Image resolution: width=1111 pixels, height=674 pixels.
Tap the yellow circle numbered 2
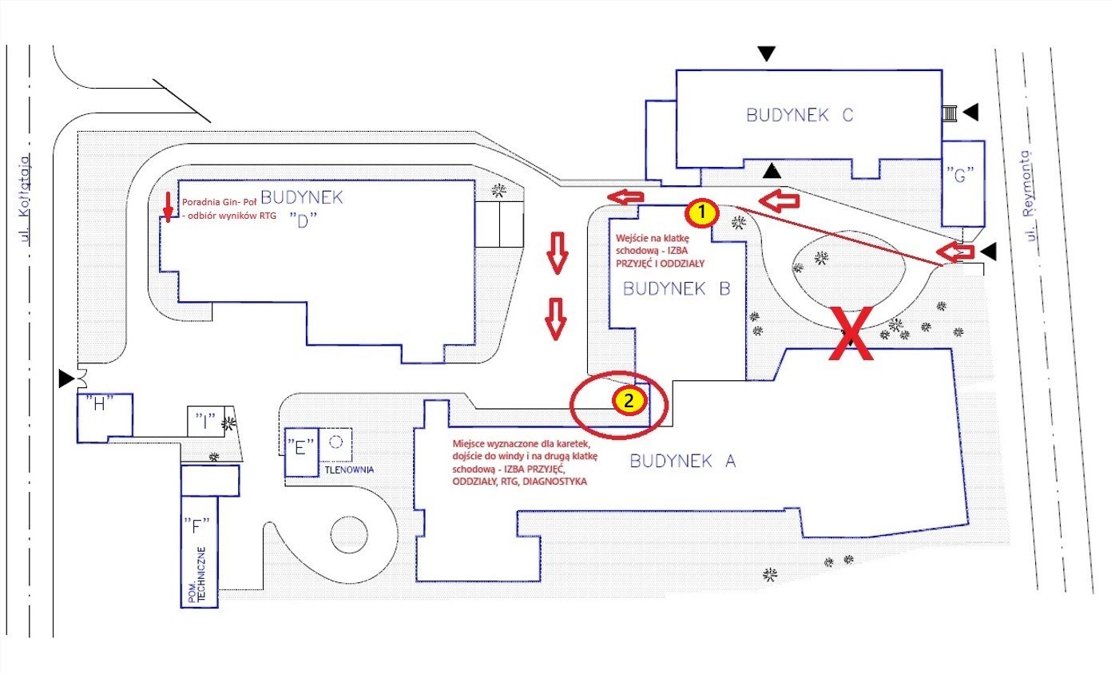[x=629, y=401]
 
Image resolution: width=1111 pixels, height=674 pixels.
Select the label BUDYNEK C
[x=800, y=115]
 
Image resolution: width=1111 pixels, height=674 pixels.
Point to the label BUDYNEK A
[x=682, y=460]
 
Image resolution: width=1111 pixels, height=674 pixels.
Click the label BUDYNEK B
[x=677, y=289]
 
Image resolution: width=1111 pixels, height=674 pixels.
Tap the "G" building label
[x=962, y=176]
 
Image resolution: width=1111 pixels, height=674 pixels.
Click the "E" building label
[x=301, y=448]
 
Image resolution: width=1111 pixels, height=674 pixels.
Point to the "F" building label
[x=196, y=525]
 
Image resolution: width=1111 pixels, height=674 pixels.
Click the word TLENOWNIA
[x=348, y=470]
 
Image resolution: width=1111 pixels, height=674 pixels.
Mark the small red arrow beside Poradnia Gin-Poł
[x=168, y=205]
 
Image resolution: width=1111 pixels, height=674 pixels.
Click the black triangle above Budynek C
[x=767, y=54]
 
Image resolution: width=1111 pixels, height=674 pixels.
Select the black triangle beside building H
[x=65, y=379]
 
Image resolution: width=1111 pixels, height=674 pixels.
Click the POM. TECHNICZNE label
[x=200, y=575]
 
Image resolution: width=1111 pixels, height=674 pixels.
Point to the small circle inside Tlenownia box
[x=336, y=441]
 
